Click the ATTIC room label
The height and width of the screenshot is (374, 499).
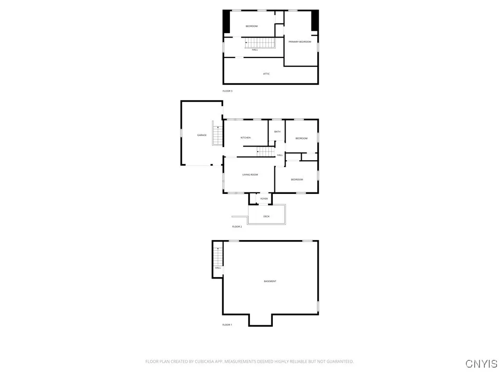(266, 74)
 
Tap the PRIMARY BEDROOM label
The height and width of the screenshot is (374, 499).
(300, 42)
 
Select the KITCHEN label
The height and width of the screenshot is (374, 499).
(246, 138)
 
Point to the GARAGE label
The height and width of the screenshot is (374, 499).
(202, 135)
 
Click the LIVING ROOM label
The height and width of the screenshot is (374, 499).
(250, 174)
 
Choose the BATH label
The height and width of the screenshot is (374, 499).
(277, 131)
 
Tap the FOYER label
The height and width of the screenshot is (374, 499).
(264, 199)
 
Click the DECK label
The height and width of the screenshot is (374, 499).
(266, 216)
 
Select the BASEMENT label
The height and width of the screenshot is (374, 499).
(270, 281)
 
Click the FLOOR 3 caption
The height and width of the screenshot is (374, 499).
(228, 91)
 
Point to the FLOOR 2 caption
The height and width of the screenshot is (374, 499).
(237, 226)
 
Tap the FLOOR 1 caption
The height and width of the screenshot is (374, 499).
(227, 324)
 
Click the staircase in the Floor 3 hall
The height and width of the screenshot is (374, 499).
(260, 42)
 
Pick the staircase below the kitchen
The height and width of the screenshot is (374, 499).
(266, 151)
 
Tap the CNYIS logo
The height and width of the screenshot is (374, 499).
(481, 363)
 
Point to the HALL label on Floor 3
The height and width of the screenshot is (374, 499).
(255, 50)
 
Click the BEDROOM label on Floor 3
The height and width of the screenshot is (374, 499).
(251, 26)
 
